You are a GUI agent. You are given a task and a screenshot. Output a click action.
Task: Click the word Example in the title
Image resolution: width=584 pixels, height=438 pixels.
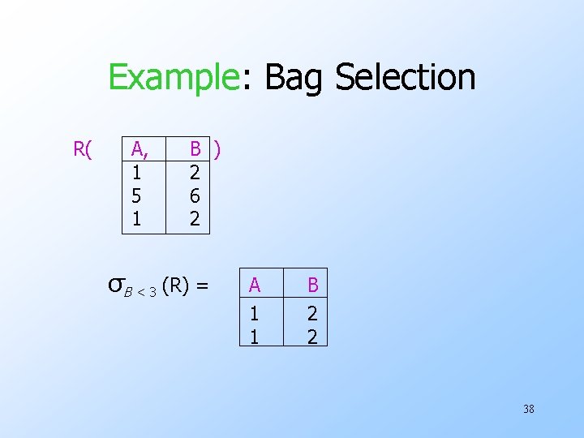coord(171,78)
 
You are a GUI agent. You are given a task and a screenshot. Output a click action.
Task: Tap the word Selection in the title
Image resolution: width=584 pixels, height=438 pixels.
coord(405,78)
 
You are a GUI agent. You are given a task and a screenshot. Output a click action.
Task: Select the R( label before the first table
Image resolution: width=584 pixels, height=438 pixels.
coord(83,149)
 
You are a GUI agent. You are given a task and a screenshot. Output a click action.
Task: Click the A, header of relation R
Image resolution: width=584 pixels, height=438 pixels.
coord(140,148)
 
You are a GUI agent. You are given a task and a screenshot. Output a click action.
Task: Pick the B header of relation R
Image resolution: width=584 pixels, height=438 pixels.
coord(195,148)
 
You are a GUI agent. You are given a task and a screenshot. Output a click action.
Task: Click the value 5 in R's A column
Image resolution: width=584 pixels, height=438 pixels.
coord(137,195)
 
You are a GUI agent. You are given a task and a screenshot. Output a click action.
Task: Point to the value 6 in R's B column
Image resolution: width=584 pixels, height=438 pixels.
coord(195,195)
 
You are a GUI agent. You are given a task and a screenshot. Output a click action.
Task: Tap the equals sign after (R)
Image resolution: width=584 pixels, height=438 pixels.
coord(202,286)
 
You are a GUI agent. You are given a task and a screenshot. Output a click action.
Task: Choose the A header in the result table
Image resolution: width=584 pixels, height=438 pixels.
coord(255,285)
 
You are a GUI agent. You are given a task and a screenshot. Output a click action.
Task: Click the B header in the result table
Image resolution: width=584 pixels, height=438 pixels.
coord(311,285)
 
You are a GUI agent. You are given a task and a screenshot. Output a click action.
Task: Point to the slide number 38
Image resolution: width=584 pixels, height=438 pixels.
coord(529,409)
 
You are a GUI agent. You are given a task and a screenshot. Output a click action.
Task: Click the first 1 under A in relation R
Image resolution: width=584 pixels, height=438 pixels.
coord(137,172)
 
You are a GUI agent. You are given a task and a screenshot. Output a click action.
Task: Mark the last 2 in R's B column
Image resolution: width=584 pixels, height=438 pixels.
coord(195,219)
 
